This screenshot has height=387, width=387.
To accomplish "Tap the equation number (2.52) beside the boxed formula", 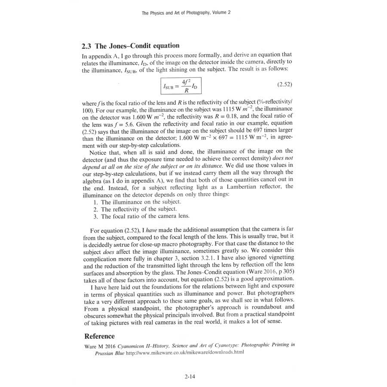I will (282, 86).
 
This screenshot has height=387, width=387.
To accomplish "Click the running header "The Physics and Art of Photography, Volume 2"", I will (186, 13).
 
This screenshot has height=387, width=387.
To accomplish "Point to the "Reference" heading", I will (99, 336).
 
